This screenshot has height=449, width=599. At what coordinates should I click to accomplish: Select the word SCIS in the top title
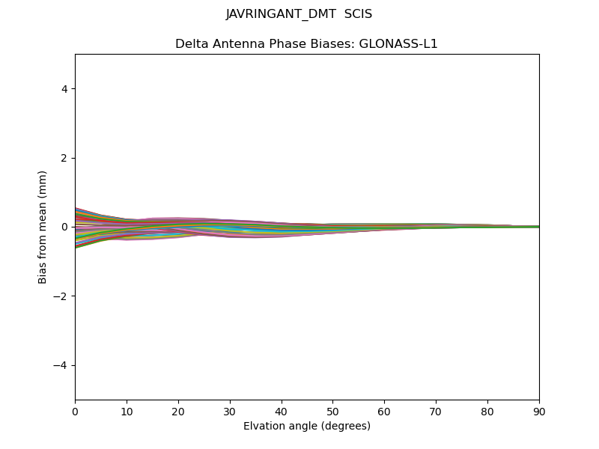coord(358,14)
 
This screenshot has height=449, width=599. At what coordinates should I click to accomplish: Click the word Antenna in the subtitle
coord(238,44)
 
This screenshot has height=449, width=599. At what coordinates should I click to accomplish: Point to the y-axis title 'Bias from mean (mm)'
coord(43,227)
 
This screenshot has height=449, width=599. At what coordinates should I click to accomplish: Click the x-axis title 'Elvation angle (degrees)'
coord(307,427)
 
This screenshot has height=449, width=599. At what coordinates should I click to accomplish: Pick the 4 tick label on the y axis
coord(65,88)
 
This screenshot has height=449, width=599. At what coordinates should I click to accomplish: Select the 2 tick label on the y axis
coord(65,158)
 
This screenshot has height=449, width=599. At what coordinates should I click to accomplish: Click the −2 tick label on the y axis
coord(61,296)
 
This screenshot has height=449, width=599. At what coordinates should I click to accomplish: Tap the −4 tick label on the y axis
coord(61,365)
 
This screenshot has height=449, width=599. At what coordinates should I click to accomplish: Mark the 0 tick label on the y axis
coord(65,227)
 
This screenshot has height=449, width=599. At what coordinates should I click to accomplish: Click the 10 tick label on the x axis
coord(127,411)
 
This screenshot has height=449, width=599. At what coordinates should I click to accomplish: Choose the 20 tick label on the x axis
coord(178,411)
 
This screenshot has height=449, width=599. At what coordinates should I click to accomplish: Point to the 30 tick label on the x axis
coord(230,411)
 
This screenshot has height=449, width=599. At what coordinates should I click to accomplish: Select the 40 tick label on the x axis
coord(282,411)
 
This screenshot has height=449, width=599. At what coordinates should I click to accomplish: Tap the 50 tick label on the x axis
coord(332,411)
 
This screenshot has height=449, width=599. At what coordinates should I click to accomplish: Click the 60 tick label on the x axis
coord(384,411)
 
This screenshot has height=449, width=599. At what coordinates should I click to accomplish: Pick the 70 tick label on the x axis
coord(436,411)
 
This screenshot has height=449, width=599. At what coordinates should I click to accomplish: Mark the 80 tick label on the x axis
coord(487,411)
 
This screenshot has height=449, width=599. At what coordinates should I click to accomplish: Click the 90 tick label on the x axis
coord(539,411)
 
